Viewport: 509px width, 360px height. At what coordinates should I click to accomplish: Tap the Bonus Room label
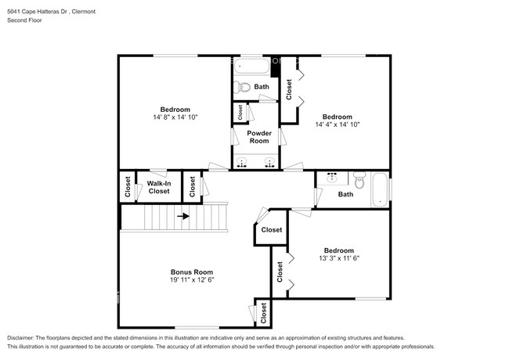click(x=191, y=272)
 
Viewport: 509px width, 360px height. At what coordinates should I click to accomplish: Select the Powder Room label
click(x=259, y=137)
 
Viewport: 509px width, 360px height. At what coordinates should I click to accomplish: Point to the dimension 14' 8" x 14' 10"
click(x=175, y=117)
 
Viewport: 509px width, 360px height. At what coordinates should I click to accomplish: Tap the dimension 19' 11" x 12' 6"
click(x=192, y=280)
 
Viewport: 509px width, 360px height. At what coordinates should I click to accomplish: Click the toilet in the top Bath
click(x=243, y=88)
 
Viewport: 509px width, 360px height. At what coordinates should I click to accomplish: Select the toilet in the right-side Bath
click(x=359, y=182)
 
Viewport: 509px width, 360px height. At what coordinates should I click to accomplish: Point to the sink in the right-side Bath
click(x=331, y=178)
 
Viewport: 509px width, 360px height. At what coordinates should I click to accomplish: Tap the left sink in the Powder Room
click(x=242, y=162)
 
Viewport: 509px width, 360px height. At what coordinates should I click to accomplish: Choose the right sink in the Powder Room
click(x=269, y=162)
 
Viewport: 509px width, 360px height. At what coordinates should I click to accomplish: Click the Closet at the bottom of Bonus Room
click(x=263, y=312)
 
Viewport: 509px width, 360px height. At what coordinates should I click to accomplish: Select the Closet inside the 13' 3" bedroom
click(x=280, y=272)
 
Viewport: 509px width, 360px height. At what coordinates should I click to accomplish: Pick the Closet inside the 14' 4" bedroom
click(x=289, y=89)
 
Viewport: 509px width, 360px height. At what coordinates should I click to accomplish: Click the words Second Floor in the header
click(x=24, y=20)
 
